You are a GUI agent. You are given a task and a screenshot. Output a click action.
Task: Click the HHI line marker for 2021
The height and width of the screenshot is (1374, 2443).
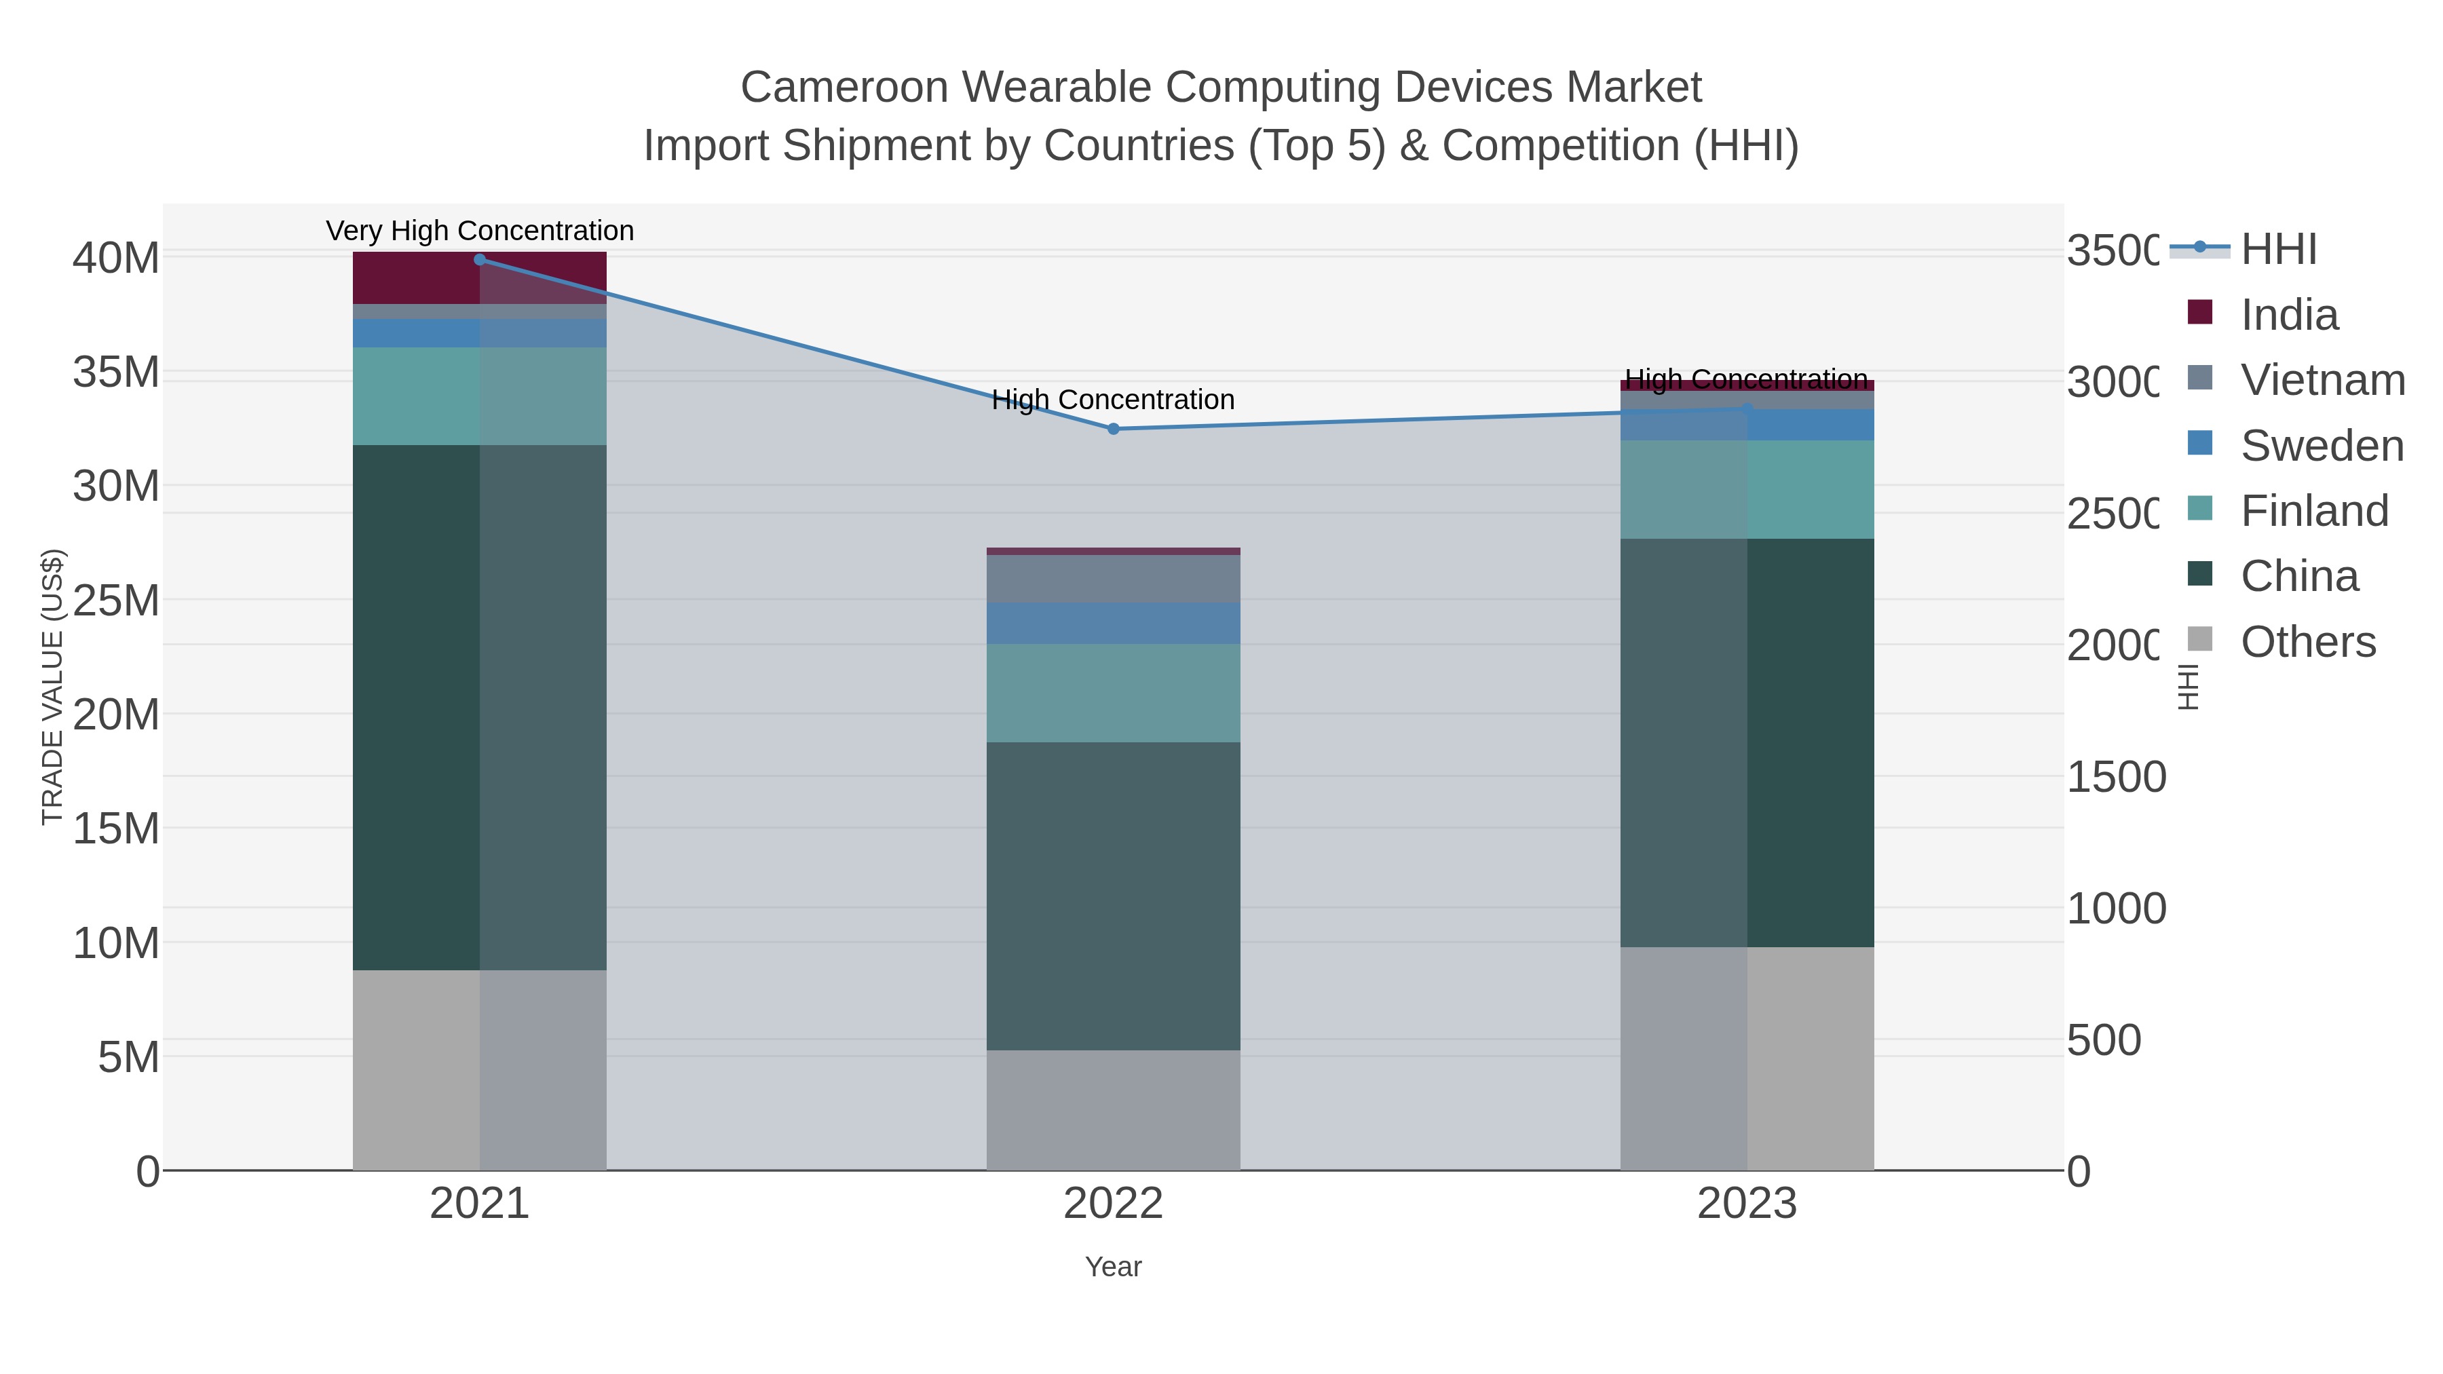tap(480, 260)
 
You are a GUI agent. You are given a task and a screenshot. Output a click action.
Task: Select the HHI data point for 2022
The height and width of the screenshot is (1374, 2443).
tap(1114, 429)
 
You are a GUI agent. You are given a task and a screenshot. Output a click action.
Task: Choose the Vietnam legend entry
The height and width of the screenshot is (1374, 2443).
tap(2322, 380)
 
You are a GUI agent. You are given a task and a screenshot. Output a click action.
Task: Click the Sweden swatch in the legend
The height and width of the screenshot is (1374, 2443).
tap(2200, 444)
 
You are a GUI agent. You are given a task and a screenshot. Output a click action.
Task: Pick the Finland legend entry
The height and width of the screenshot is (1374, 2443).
tap(2314, 511)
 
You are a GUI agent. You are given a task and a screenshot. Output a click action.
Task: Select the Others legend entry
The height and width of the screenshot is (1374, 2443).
tap(2307, 642)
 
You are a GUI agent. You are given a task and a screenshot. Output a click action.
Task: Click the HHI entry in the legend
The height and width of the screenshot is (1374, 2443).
tap(2278, 250)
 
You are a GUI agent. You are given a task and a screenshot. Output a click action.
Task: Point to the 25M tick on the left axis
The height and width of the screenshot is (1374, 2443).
tap(115, 600)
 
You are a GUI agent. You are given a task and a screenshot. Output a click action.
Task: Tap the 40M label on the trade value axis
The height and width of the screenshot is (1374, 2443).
tap(115, 258)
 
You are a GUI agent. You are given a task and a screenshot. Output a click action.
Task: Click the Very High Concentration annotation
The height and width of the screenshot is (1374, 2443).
tap(480, 231)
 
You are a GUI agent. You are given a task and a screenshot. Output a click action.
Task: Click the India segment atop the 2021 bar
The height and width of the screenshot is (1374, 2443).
tap(417, 278)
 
